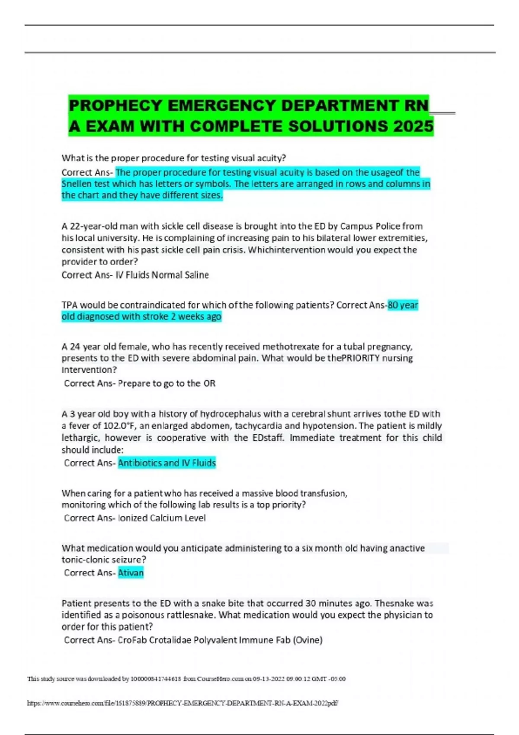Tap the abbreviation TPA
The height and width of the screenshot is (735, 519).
tap(69, 305)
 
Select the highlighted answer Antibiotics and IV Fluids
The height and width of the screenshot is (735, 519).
tap(167, 463)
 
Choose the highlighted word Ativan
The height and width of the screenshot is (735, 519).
tap(131, 573)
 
